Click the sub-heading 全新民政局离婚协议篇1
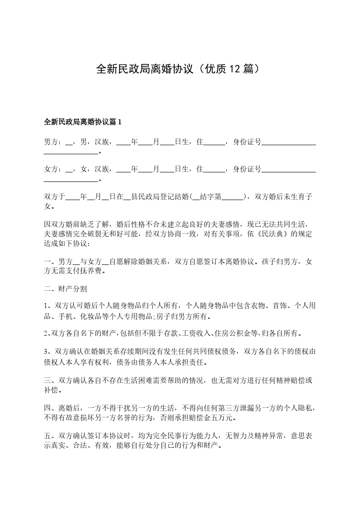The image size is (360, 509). point(83,122)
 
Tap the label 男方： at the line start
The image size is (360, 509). point(53,143)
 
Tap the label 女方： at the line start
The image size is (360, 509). point(53,169)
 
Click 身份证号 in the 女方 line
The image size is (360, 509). point(247,169)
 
